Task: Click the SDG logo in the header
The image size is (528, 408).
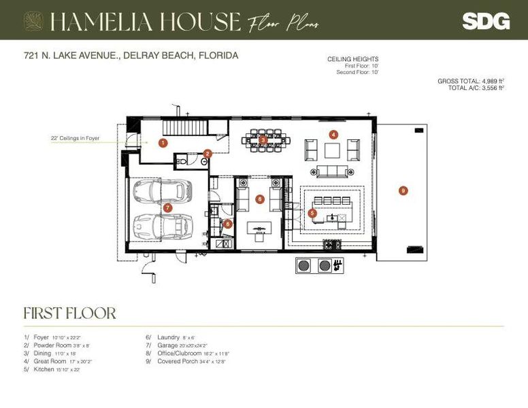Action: [x=485, y=21]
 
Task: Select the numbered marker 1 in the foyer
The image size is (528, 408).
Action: [x=163, y=143]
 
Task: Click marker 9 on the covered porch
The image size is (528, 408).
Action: [x=403, y=191]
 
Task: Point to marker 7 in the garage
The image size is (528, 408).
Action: [x=167, y=207]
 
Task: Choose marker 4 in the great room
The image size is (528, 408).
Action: [x=333, y=135]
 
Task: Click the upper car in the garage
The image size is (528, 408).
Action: [x=163, y=192]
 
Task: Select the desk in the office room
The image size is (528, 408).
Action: [x=259, y=227]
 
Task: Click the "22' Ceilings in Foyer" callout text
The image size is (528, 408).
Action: [x=75, y=139]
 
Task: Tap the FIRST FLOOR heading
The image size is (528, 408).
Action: [x=69, y=313]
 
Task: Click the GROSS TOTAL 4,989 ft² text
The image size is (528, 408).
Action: [x=470, y=81]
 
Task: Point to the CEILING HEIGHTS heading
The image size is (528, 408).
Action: [x=352, y=60]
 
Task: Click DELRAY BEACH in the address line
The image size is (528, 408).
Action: [x=158, y=56]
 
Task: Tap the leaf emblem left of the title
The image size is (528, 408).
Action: [x=33, y=21]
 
